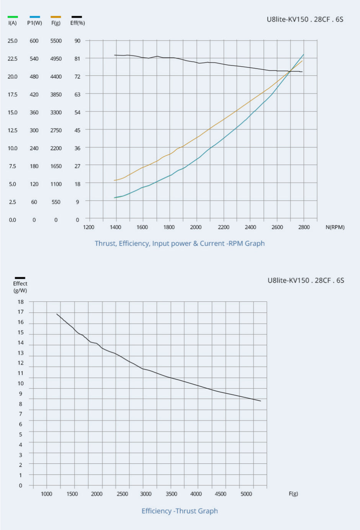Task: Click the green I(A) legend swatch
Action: point(13,17)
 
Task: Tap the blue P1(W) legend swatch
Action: point(34,17)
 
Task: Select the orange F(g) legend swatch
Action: point(56,17)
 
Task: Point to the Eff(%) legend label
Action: point(77,23)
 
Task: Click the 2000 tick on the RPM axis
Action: point(196,227)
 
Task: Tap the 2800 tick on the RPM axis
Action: point(304,227)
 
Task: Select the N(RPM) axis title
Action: point(335,227)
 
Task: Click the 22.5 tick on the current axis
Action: point(13,59)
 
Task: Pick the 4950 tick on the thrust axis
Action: point(56,59)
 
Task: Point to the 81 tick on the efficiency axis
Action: point(77,59)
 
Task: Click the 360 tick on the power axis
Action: point(34,112)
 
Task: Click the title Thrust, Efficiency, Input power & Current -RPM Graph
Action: point(180,244)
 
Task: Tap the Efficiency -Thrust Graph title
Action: point(180,511)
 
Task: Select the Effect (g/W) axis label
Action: point(20,287)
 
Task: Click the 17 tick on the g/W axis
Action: point(21,312)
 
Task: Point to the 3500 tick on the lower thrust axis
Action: point(171,494)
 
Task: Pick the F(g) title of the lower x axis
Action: point(293,494)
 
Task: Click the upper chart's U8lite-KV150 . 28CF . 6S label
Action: point(305,20)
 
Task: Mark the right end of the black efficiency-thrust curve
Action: point(260,401)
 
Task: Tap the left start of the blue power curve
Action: point(115,198)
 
